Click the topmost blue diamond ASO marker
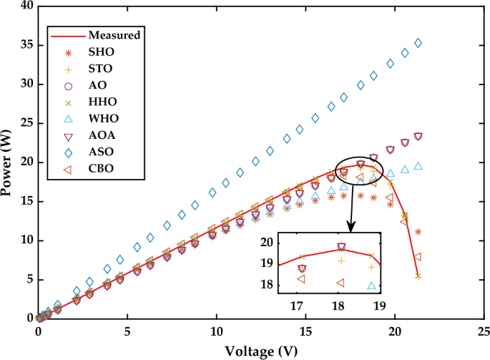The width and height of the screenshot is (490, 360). coord(418,43)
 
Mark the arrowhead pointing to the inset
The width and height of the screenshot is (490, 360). coord(351,228)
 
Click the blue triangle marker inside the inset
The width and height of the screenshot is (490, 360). coord(371,286)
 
